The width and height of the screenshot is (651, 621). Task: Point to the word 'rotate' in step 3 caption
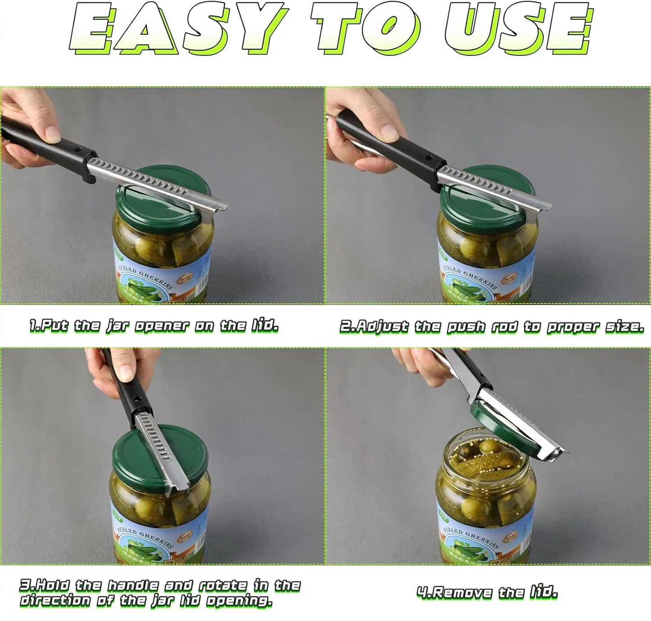click(223, 585)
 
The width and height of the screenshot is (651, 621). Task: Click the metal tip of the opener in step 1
click(219, 205)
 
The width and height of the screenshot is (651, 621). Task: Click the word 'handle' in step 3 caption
click(133, 585)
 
